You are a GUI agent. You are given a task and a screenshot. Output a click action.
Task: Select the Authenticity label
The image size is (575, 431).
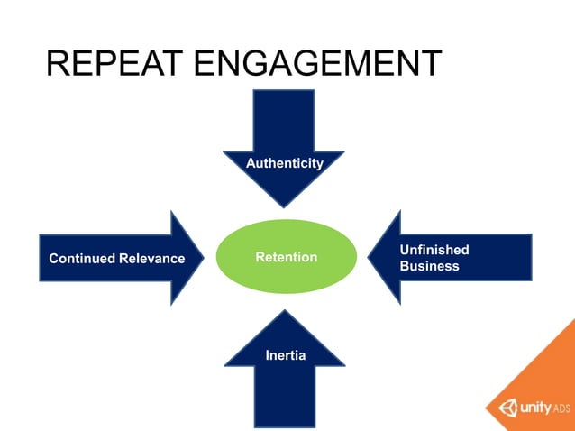coord(285,163)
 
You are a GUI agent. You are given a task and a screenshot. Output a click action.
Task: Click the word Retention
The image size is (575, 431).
coord(286,258)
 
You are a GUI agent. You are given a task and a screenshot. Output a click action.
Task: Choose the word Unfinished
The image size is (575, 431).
coord(434,250)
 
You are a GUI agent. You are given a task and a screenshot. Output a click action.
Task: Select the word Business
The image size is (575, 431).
coord(429,266)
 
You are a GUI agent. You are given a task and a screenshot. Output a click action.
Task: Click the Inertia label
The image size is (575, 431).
coord(285,355)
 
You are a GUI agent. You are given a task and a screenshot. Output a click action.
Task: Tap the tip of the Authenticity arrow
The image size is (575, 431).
coord(285,206)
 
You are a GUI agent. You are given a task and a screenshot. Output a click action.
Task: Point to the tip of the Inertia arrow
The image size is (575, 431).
coord(285,312)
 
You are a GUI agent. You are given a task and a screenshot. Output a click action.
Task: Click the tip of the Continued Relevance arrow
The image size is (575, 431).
coord(204,258)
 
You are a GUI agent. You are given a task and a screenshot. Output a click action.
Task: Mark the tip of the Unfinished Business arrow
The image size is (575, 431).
coord(370,258)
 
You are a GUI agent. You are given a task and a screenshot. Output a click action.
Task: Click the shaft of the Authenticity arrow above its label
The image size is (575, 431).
coord(285,117)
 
